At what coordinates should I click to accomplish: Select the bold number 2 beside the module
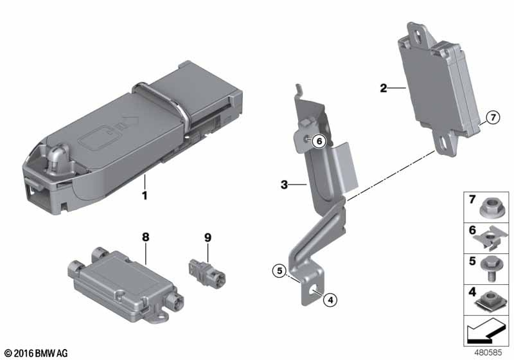pyautogui.click(x=383, y=88)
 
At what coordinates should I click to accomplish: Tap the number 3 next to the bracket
pyautogui.click(x=283, y=185)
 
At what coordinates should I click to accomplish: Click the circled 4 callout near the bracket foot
pyautogui.click(x=330, y=299)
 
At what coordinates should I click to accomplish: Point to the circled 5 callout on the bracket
pyautogui.click(x=278, y=271)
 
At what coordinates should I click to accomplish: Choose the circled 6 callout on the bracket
pyautogui.click(x=320, y=141)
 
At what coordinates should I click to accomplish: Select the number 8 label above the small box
pyautogui.click(x=145, y=237)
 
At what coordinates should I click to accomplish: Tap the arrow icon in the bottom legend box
pyautogui.click(x=486, y=333)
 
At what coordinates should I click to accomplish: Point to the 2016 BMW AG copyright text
pyautogui.click(x=36, y=353)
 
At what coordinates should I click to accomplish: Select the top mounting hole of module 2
pyautogui.click(x=418, y=29)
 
